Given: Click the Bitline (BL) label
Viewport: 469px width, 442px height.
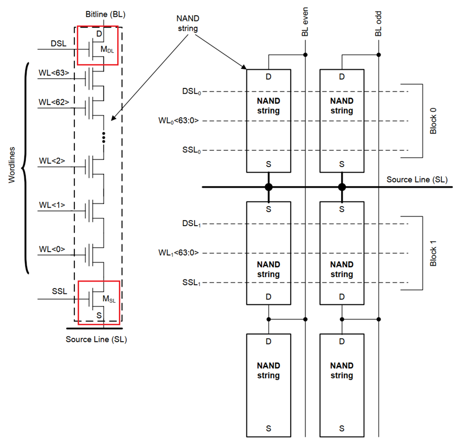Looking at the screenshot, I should [x=106, y=14].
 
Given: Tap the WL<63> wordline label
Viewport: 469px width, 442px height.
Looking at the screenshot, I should [x=54, y=72].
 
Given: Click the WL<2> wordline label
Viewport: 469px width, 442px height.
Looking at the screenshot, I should [x=52, y=161].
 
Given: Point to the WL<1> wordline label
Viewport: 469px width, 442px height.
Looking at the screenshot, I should [x=52, y=205].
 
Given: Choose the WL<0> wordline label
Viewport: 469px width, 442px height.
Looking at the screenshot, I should [x=52, y=249].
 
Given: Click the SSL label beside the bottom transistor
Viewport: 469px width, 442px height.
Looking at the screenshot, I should [x=59, y=291].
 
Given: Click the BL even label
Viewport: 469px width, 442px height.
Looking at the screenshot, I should [x=305, y=24].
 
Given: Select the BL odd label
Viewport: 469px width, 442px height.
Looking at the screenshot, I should [x=378, y=25].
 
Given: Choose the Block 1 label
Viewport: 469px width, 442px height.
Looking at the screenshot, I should [x=433, y=253].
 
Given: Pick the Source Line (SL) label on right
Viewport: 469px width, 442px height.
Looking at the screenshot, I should [x=417, y=179].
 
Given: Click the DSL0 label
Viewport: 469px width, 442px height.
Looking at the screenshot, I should [x=191, y=92].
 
